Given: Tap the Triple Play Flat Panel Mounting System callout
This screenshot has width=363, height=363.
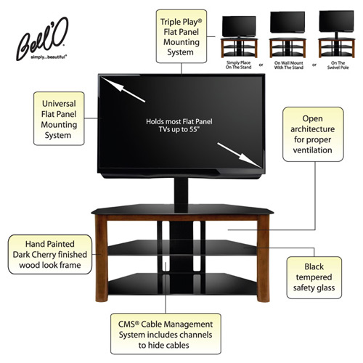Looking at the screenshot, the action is (181, 36).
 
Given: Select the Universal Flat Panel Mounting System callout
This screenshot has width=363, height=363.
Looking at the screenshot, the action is (59, 118).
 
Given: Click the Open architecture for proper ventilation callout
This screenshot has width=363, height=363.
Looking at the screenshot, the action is (313, 134).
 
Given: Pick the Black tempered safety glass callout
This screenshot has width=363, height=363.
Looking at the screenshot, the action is (314, 277).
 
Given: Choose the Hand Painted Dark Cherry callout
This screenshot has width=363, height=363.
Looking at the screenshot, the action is (50, 254).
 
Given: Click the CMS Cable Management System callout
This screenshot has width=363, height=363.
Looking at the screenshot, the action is (166, 334).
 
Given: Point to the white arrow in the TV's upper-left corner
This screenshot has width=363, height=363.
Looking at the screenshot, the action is (123, 89).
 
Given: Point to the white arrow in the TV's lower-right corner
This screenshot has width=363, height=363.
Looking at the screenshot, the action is (240, 155).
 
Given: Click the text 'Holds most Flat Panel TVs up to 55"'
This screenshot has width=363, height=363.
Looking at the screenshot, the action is (179, 126).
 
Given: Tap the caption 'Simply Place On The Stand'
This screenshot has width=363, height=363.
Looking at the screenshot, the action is (238, 65).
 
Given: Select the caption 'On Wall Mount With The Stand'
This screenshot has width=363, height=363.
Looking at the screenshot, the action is (288, 65).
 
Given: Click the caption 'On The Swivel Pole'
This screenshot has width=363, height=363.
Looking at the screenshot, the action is (338, 65).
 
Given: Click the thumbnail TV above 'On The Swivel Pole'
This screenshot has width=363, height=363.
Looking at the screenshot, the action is (336, 21).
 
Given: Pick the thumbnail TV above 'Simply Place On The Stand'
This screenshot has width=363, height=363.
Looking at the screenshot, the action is (239, 26).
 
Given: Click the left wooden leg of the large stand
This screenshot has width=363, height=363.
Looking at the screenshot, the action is (102, 258).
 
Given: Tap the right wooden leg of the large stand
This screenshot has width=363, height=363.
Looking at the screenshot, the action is (264, 258).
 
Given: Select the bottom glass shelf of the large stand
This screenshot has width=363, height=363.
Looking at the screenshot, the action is (182, 284).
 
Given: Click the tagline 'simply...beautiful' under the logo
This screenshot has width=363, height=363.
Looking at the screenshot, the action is (49, 57).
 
